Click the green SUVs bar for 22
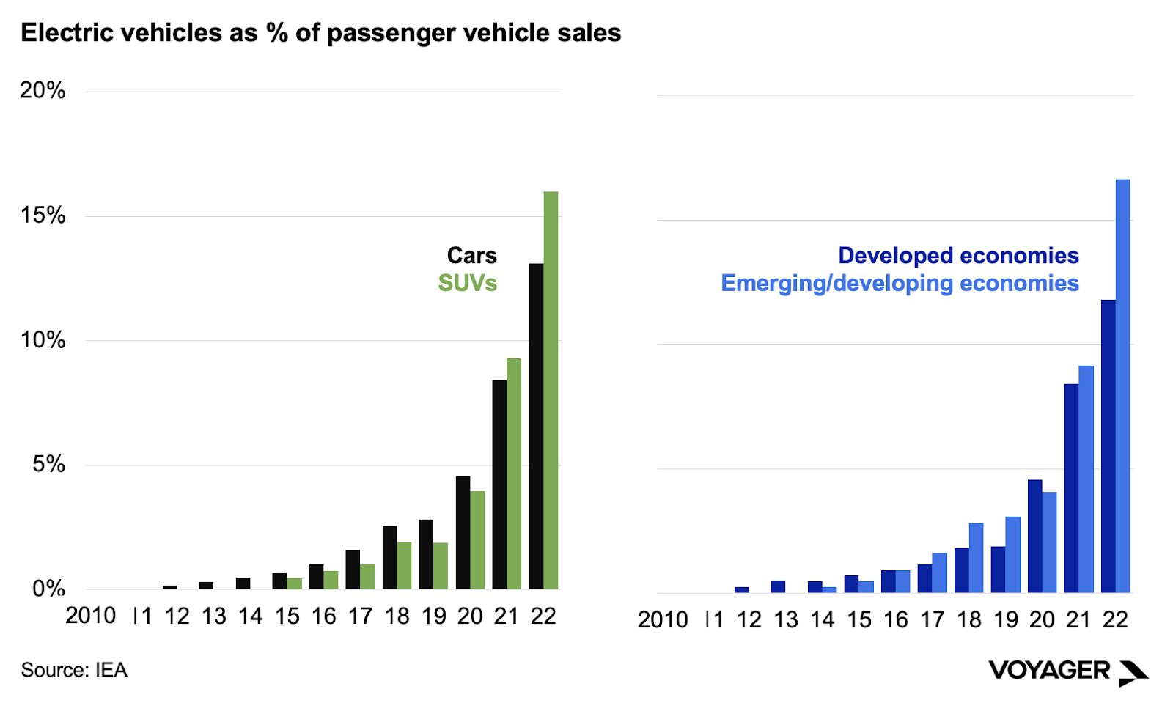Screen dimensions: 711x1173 pos(551,390)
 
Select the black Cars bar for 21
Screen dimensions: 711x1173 pos(499,485)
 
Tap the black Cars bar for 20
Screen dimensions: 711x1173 pos(463,533)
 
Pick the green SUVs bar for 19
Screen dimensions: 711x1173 pos(441,566)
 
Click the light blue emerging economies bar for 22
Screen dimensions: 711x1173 pos(1122,386)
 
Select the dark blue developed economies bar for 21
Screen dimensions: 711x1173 pos(1071,488)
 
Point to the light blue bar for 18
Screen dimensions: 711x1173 pos(976,558)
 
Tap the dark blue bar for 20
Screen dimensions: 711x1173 pos(1034,536)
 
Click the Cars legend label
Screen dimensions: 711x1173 pos(471,255)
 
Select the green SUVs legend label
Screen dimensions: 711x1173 pos(467,283)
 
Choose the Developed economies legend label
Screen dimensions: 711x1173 pos(958,255)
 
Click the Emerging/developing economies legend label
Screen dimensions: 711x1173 pos(900,283)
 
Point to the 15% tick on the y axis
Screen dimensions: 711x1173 pos(43,215)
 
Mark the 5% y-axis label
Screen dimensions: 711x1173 pos(48,464)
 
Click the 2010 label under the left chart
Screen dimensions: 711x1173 pos(90,616)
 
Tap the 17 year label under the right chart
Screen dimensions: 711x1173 pos(932,620)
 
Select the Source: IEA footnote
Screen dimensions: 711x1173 pos(74,670)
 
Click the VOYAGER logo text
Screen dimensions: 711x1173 pos(1049,670)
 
